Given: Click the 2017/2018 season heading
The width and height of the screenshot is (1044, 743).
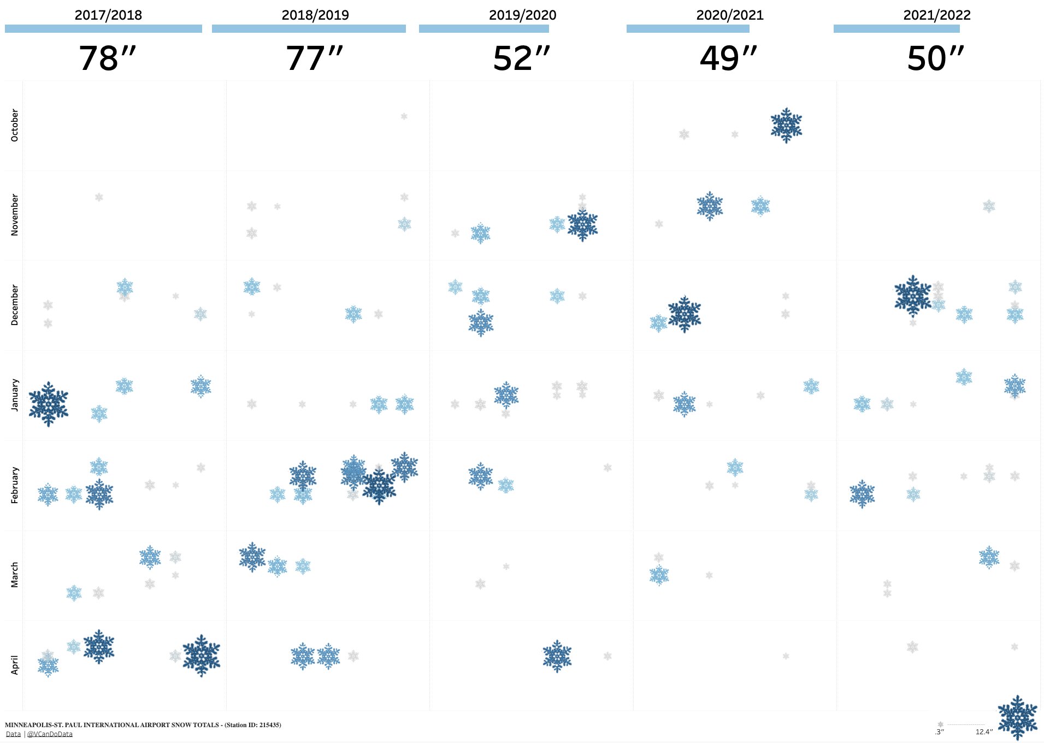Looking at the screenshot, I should pyautogui.click(x=108, y=15).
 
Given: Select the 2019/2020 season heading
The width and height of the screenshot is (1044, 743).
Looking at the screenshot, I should pyautogui.click(x=522, y=15).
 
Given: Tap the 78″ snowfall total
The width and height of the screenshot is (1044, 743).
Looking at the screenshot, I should pyautogui.click(x=107, y=58).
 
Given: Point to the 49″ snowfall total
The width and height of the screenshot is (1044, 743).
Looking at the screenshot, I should pyautogui.click(x=729, y=58).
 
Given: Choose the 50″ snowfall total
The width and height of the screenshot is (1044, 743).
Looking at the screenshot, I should pyautogui.click(x=936, y=58).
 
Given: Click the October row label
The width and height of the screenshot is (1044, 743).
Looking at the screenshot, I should pyautogui.click(x=15, y=125).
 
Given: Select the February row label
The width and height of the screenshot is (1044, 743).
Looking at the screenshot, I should pyautogui.click(x=15, y=485).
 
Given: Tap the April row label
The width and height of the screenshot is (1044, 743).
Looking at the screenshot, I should pyautogui.click(x=15, y=665).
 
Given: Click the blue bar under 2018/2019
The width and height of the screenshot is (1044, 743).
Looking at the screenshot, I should pyautogui.click(x=309, y=29).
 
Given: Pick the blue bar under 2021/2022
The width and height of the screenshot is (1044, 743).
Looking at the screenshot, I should pyautogui.click(x=896, y=29).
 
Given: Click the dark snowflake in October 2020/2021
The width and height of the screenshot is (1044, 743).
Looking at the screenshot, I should pyautogui.click(x=786, y=125).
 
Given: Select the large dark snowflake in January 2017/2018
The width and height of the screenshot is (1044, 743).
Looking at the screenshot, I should pyautogui.click(x=49, y=404).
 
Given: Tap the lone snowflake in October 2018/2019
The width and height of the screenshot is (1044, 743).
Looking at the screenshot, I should pyautogui.click(x=404, y=116).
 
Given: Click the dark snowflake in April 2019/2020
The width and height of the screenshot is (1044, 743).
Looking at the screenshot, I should pyautogui.click(x=557, y=656).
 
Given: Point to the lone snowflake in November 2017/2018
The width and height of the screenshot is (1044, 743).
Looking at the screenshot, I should pyautogui.click(x=99, y=197).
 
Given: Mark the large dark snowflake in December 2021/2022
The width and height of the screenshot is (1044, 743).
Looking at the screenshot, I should pyautogui.click(x=912, y=296).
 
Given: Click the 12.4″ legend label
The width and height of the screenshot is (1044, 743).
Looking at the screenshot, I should pyautogui.click(x=984, y=732).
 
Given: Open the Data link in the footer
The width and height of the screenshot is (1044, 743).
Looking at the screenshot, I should pyautogui.click(x=13, y=734).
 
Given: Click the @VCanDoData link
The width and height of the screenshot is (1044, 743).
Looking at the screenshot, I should pyautogui.click(x=50, y=734).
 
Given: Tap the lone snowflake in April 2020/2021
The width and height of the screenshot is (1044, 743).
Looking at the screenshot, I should pyautogui.click(x=786, y=656).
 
